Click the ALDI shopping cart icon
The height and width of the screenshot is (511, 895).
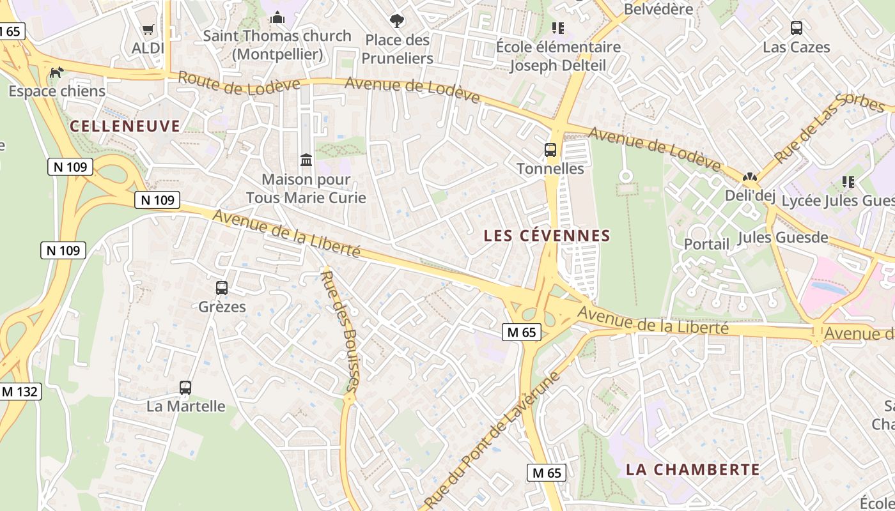pyautogui.click(x=148, y=29)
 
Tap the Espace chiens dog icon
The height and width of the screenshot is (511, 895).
pyautogui.click(x=56, y=72)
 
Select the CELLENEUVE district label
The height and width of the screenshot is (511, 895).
pyautogui.click(x=125, y=126)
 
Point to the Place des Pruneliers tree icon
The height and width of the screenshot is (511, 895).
pyautogui.click(x=397, y=21)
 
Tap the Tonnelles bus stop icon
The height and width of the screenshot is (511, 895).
pyautogui.click(x=550, y=150)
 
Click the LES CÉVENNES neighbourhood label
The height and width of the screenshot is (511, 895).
pyautogui.click(x=547, y=236)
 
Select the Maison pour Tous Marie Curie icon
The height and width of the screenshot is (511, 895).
pyautogui.click(x=306, y=160)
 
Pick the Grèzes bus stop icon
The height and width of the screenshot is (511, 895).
pyautogui.click(x=222, y=288)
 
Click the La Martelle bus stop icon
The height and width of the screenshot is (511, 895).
pyautogui.click(x=185, y=387)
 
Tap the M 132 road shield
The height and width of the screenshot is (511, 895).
pyautogui.click(x=20, y=392)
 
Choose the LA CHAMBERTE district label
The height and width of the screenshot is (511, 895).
pyautogui.click(x=693, y=470)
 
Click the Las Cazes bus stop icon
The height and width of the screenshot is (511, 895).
pyautogui.click(x=797, y=28)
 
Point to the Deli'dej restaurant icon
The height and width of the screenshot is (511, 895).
pyautogui.click(x=749, y=177)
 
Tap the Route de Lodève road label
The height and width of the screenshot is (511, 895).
pyautogui.click(x=238, y=83)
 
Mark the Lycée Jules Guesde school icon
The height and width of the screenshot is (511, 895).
pyautogui.click(x=848, y=182)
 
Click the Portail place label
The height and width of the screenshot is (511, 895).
pyautogui.click(x=706, y=244)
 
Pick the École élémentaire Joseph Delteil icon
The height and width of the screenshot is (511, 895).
pyautogui.click(x=557, y=28)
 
